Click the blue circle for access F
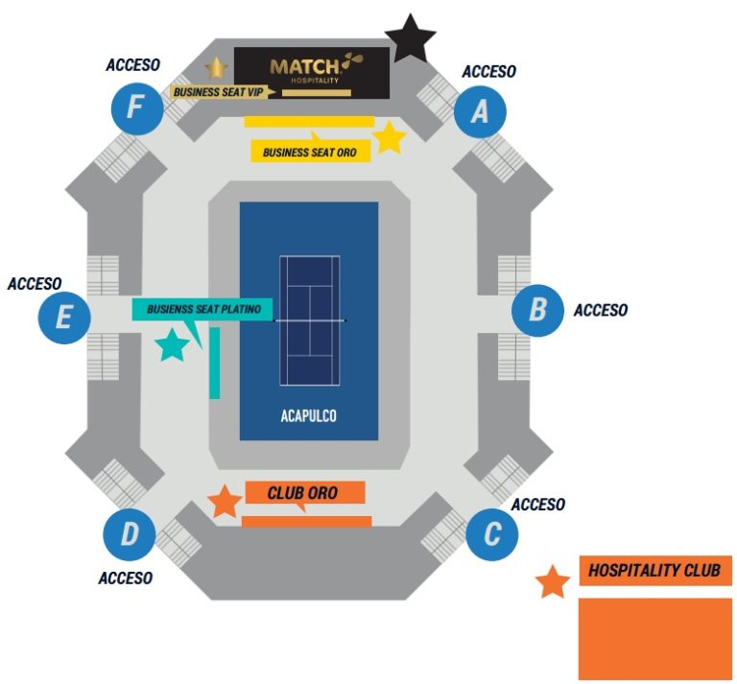tap(137, 109)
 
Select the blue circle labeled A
tap(480, 112)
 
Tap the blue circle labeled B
tap(537, 310)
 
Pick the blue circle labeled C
tap(492, 534)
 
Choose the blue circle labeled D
tap(130, 534)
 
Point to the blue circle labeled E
tap(64, 318)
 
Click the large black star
tap(411, 39)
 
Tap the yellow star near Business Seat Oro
tap(390, 138)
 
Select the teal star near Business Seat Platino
tap(172, 345)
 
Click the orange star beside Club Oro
tap(226, 502)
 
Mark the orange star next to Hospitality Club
tap(553, 582)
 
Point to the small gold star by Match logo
tap(217, 68)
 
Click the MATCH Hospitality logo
tap(312, 73)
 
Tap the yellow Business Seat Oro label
tap(311, 152)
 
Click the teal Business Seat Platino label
tap(202, 309)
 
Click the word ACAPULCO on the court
tap(309, 416)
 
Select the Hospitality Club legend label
tap(655, 571)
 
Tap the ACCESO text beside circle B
tap(601, 310)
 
